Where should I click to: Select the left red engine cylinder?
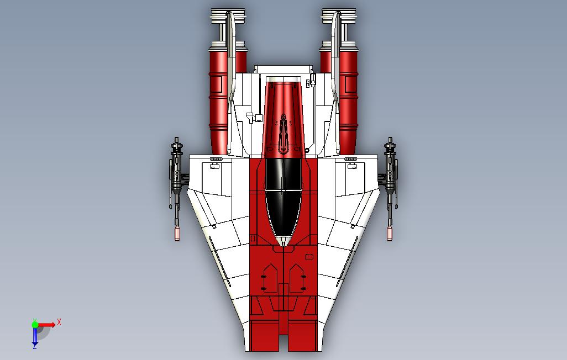coord(218,99)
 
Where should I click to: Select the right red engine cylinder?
coord(349,99)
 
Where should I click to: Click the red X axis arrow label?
coord(59,322)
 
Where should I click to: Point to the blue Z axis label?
coord(34,347)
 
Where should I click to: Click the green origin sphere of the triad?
coord(35,325)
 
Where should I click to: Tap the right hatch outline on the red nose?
coord(297,278)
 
